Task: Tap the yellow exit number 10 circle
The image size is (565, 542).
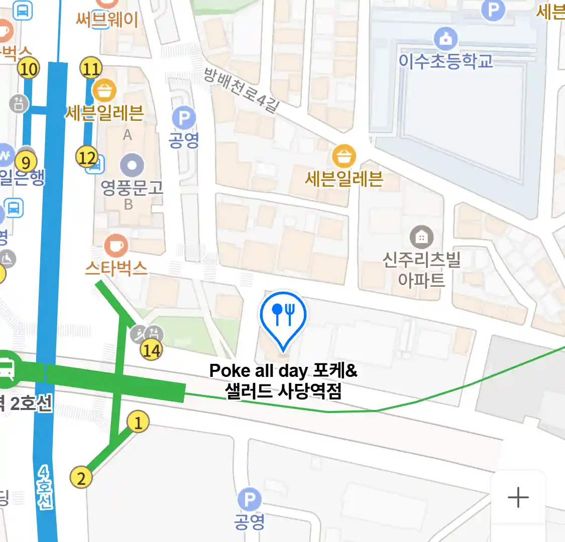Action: coord(29,68)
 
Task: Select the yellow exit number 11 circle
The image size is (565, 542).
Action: coord(91,68)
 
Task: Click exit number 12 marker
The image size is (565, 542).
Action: coord(86,158)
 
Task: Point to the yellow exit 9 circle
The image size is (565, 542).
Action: coord(26,162)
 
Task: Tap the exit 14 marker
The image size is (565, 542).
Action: coord(151,349)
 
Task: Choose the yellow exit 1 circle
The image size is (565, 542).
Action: coord(138,422)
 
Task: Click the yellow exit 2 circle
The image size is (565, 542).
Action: coord(81,477)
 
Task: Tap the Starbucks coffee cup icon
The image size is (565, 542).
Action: coord(116,245)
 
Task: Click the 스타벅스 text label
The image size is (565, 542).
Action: coord(116,268)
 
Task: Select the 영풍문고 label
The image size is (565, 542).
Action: coord(132,188)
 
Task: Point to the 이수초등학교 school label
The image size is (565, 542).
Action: coord(445,61)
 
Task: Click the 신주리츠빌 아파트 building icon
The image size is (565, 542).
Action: coord(421,237)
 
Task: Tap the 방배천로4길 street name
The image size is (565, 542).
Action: coord(241,90)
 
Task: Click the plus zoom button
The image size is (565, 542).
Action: coord(518,497)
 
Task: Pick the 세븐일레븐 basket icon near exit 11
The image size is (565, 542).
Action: coord(104,90)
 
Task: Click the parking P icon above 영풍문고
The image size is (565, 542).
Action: coord(184,118)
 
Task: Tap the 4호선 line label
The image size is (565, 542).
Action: coord(45,487)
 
